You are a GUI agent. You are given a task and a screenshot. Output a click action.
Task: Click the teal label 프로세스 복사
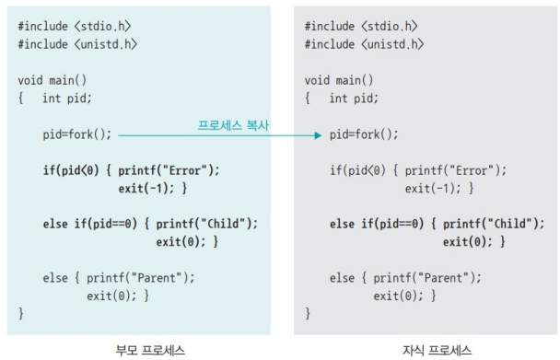point(233,125)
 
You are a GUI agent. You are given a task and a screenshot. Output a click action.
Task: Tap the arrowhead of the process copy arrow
point(318,135)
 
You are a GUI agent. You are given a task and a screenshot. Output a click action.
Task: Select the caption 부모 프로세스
point(150,351)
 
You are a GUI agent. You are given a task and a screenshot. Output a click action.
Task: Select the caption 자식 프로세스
point(437,351)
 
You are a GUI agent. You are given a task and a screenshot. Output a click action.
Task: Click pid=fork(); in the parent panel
point(77,134)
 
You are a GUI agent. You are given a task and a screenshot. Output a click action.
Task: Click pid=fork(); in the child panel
point(364,134)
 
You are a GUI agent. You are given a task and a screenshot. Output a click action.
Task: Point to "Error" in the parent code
point(184,170)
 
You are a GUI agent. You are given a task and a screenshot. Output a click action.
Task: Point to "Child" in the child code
point(510,224)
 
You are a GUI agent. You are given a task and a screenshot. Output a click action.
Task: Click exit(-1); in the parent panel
point(146,188)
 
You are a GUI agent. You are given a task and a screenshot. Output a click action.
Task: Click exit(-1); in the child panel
point(433,188)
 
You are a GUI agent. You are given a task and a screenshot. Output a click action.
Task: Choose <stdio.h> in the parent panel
point(103,27)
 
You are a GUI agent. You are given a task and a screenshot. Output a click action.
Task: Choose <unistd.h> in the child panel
point(392,44)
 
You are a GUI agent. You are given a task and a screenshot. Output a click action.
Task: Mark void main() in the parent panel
point(52,80)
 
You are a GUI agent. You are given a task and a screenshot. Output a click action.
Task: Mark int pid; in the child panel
point(354,99)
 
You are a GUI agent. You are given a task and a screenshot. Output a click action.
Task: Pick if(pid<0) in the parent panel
point(71,170)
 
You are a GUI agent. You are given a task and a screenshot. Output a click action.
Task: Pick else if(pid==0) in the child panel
point(377,224)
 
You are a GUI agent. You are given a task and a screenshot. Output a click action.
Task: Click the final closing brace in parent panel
point(20,314)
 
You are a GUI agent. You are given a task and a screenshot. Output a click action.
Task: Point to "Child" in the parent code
point(223,224)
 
